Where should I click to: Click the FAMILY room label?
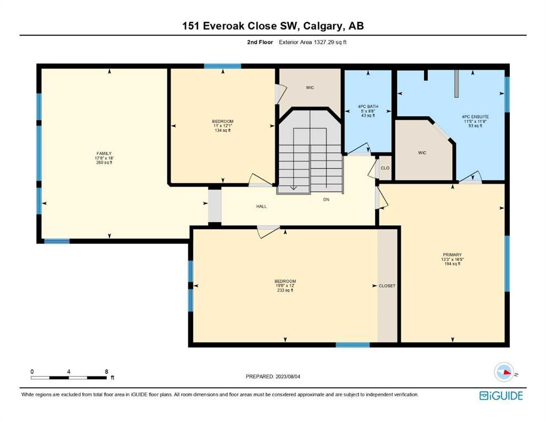tap(104, 153)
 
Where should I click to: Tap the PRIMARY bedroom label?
tap(453, 254)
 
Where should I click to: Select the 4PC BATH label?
tap(368, 107)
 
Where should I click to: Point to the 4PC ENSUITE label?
tap(475, 117)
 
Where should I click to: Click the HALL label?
tap(262, 206)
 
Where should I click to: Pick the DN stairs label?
tap(326, 199)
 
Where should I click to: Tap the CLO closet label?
tap(385, 168)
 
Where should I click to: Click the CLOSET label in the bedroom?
tap(387, 286)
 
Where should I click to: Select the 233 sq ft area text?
tap(285, 290)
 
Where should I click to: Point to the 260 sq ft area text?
tap(104, 163)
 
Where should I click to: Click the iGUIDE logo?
tap(501, 396)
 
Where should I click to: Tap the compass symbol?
tap(505, 372)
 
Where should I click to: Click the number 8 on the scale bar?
tap(107, 371)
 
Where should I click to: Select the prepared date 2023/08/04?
tap(288, 376)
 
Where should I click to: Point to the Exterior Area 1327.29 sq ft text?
tap(313, 42)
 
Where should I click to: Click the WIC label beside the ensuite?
tap(422, 153)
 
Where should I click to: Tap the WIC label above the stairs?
tap(310, 88)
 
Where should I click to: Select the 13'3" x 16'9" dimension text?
tap(453, 259)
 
